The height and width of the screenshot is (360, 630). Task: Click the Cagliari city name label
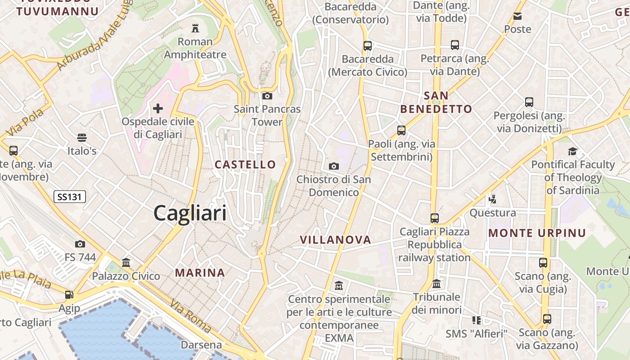pos(190,212)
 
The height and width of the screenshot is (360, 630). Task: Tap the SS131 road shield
pos(70,197)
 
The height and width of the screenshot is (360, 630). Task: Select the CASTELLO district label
pos(245,165)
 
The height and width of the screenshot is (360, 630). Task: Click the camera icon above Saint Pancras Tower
pos(267,96)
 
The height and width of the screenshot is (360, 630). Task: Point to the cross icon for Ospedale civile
pos(158,108)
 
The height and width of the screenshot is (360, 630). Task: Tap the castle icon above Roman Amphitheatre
pos(195,28)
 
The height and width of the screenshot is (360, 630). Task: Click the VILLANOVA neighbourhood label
pos(336,240)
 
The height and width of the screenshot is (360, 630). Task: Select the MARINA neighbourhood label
pos(200,273)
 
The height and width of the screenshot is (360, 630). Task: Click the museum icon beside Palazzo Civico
pos(126,262)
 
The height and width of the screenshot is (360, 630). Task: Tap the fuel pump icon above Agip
pos(69,295)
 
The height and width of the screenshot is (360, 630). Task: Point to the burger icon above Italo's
pos(82,137)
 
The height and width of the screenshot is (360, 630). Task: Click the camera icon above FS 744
pos(80,244)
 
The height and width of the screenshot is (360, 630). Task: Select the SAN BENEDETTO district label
pos(436,102)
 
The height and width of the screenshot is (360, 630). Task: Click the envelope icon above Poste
pos(517,16)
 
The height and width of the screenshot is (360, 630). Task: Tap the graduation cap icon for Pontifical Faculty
pos(572,151)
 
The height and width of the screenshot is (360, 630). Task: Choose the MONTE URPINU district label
pos(537,233)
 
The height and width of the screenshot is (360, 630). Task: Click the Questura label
pos(493,212)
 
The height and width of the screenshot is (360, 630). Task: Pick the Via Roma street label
pos(191,315)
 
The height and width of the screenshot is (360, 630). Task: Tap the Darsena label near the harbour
pos(201,345)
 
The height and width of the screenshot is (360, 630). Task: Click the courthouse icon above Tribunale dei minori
pos(436,284)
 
